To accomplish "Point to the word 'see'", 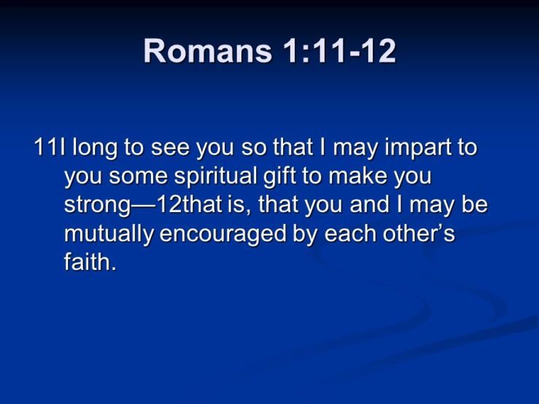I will (x=169, y=149).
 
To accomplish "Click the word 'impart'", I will (x=411, y=149).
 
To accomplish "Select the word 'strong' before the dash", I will (x=98, y=206).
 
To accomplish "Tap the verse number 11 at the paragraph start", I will (x=44, y=149).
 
